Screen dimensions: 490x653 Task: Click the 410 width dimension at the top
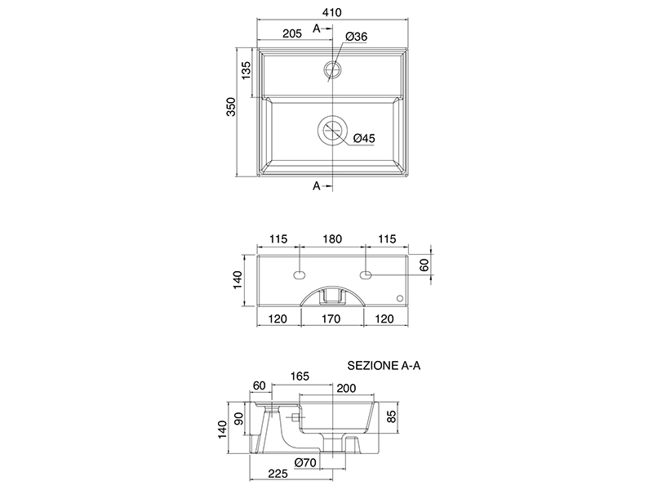pos(331,11)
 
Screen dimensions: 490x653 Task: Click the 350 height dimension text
pos(231,108)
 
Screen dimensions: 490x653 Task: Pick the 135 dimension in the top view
pos(246,72)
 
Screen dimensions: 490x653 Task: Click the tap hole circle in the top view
pos(332,67)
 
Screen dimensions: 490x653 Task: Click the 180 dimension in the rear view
pos(332,239)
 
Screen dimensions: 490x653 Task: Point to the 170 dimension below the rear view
pos(332,318)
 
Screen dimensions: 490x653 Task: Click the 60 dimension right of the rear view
pos(424,265)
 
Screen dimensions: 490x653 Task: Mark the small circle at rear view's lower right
pos(399,298)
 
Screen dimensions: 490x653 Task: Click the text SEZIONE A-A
pos(384,367)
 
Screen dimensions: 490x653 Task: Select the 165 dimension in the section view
pos(300,376)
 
